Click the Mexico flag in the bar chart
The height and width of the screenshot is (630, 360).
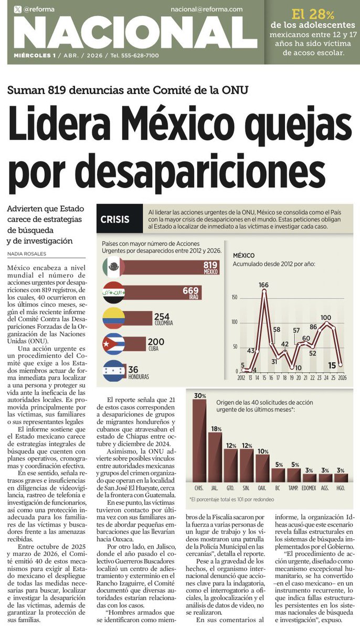point(113,268)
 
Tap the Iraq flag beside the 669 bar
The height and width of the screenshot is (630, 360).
point(113,293)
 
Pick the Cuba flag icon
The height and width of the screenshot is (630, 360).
point(113,344)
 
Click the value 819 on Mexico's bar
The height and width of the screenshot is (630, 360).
point(210,265)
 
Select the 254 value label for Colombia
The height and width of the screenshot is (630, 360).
point(163,316)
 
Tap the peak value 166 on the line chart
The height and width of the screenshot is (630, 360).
point(263,285)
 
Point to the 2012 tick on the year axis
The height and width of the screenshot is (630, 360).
point(241,377)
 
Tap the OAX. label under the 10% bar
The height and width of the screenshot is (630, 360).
point(262,488)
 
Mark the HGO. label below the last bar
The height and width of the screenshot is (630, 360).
point(341,488)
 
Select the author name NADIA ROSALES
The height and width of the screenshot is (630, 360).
point(26,254)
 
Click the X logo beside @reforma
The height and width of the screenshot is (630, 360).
point(18,9)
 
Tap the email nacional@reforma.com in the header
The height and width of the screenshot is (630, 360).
point(206,9)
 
